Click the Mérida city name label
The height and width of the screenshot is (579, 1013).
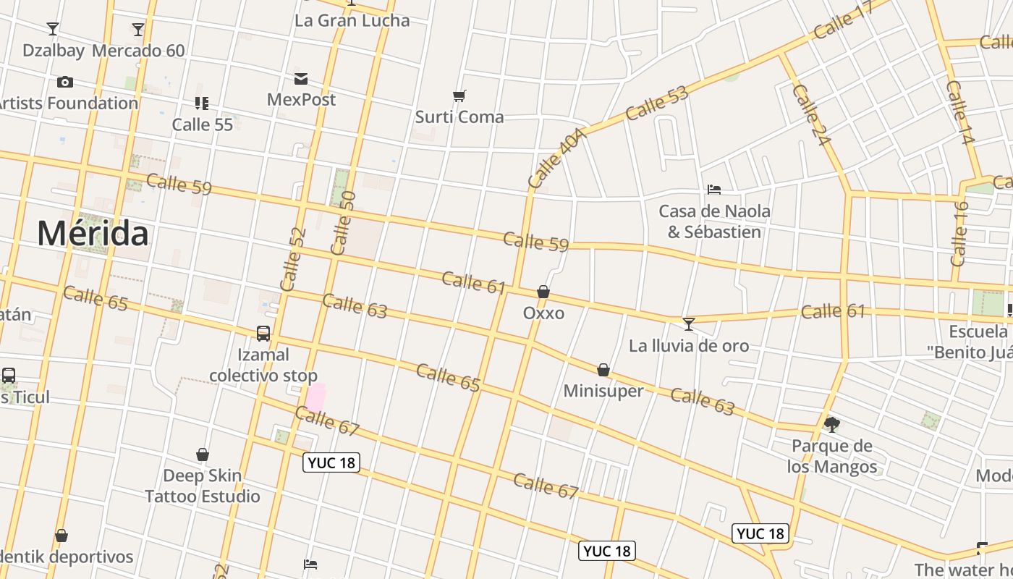[93, 233]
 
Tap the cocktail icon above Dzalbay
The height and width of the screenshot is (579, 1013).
[53, 29]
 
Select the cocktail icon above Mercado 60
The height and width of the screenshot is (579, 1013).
[138, 29]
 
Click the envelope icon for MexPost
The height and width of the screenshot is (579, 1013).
[301, 78]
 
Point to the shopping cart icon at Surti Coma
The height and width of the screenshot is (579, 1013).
[459, 96]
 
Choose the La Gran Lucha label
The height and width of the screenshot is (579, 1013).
[352, 20]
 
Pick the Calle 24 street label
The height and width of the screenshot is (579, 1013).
[810, 115]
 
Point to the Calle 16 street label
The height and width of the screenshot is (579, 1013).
[959, 233]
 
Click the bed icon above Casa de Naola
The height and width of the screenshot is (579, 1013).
[714, 190]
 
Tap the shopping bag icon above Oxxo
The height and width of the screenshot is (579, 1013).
[543, 292]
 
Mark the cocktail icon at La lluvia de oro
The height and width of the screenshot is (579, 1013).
[689, 324]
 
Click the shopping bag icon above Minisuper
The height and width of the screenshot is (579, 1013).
[603, 370]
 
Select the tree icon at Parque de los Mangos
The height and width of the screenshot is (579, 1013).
[832, 424]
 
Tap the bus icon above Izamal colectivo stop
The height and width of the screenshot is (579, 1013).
[263, 334]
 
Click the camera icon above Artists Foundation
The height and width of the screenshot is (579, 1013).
[65, 82]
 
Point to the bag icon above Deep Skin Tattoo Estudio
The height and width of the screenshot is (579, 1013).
[203, 455]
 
